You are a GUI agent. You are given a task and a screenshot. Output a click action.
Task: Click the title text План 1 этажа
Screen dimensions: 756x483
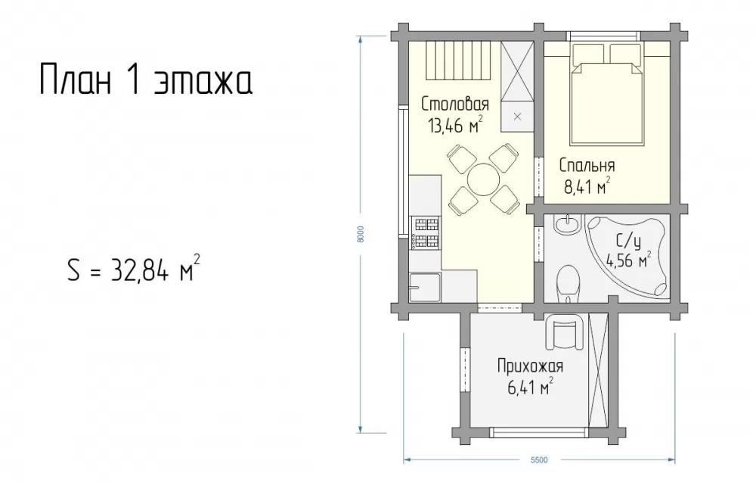coord(146,79)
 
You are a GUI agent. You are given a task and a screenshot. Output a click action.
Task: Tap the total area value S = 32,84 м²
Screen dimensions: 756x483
coord(134,270)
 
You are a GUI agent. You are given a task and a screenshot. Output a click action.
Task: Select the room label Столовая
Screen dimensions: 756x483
coord(455,104)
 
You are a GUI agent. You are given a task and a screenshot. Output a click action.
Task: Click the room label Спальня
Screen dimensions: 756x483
coord(587,166)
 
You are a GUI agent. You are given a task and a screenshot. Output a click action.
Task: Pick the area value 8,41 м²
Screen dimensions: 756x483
coord(587,186)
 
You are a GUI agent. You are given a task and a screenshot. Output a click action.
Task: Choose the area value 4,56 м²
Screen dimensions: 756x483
coord(629,260)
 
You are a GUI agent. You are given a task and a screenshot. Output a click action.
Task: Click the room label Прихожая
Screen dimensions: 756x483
coord(530,366)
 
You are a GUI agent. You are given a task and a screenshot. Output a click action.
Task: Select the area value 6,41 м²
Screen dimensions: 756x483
coord(530,387)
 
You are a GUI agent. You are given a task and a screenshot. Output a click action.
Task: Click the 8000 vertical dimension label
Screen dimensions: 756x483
coord(366,234)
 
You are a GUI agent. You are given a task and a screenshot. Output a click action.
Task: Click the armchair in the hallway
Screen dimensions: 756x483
coord(564,332)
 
